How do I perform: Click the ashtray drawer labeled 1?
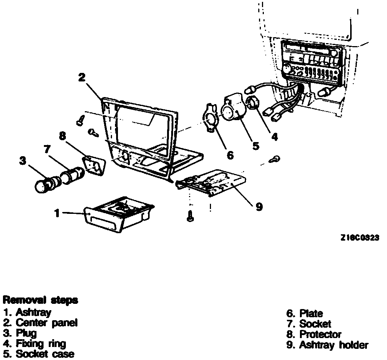pos(119,215)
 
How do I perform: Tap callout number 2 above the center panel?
pos(82,77)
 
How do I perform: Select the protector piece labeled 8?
pos(93,166)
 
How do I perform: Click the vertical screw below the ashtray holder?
pos(191,216)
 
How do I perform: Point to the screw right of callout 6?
pos(275,159)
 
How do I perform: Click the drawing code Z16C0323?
pos(359,238)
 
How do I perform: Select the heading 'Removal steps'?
pos(40,300)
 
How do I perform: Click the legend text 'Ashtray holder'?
pos(334,345)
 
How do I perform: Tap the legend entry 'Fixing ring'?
pos(41,343)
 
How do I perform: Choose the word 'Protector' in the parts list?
pos(320,334)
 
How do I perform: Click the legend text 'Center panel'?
pos(47,322)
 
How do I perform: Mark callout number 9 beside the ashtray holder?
pos(259,207)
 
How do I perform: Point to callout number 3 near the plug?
pos(22,161)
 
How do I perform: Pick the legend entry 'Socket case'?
pos(45,354)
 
